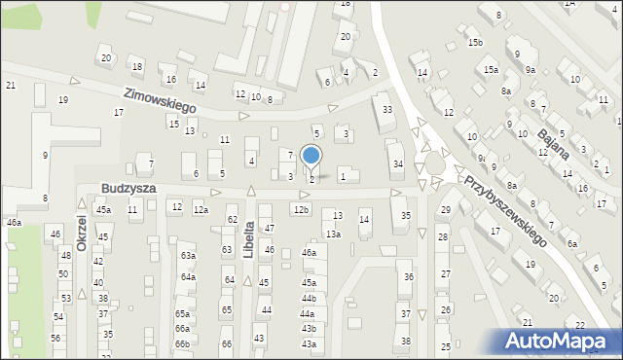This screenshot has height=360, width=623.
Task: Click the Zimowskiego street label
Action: [x=161, y=98]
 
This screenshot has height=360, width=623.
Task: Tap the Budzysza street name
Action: [x=128, y=187]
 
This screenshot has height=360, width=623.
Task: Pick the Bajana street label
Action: [x=552, y=133]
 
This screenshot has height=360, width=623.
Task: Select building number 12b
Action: [x=301, y=209]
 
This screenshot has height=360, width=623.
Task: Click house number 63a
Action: [x=187, y=256]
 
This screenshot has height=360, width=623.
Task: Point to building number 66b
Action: [x=182, y=343]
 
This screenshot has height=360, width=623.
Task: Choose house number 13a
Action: [x=333, y=234]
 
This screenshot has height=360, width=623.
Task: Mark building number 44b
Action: [x=309, y=298]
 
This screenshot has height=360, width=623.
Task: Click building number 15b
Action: [x=474, y=43]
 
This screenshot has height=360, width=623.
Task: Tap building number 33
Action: [x=387, y=110]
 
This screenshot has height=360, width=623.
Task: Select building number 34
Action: [x=397, y=163]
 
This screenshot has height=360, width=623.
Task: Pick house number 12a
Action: [x=200, y=209]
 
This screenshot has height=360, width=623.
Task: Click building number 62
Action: [x=232, y=220]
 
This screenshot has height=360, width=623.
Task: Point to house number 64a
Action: [x=187, y=277]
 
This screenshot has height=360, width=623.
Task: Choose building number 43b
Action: [x=309, y=329]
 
